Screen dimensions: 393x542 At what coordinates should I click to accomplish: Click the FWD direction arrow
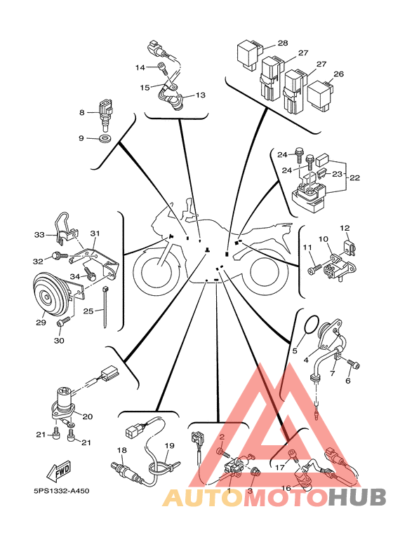click(58, 470)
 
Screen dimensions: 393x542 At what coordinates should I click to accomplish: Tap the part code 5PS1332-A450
click(61, 491)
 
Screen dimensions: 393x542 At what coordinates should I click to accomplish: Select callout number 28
click(283, 43)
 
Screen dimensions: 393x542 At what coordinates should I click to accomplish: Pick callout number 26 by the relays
click(339, 74)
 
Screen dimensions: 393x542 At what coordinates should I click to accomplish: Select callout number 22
click(354, 177)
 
